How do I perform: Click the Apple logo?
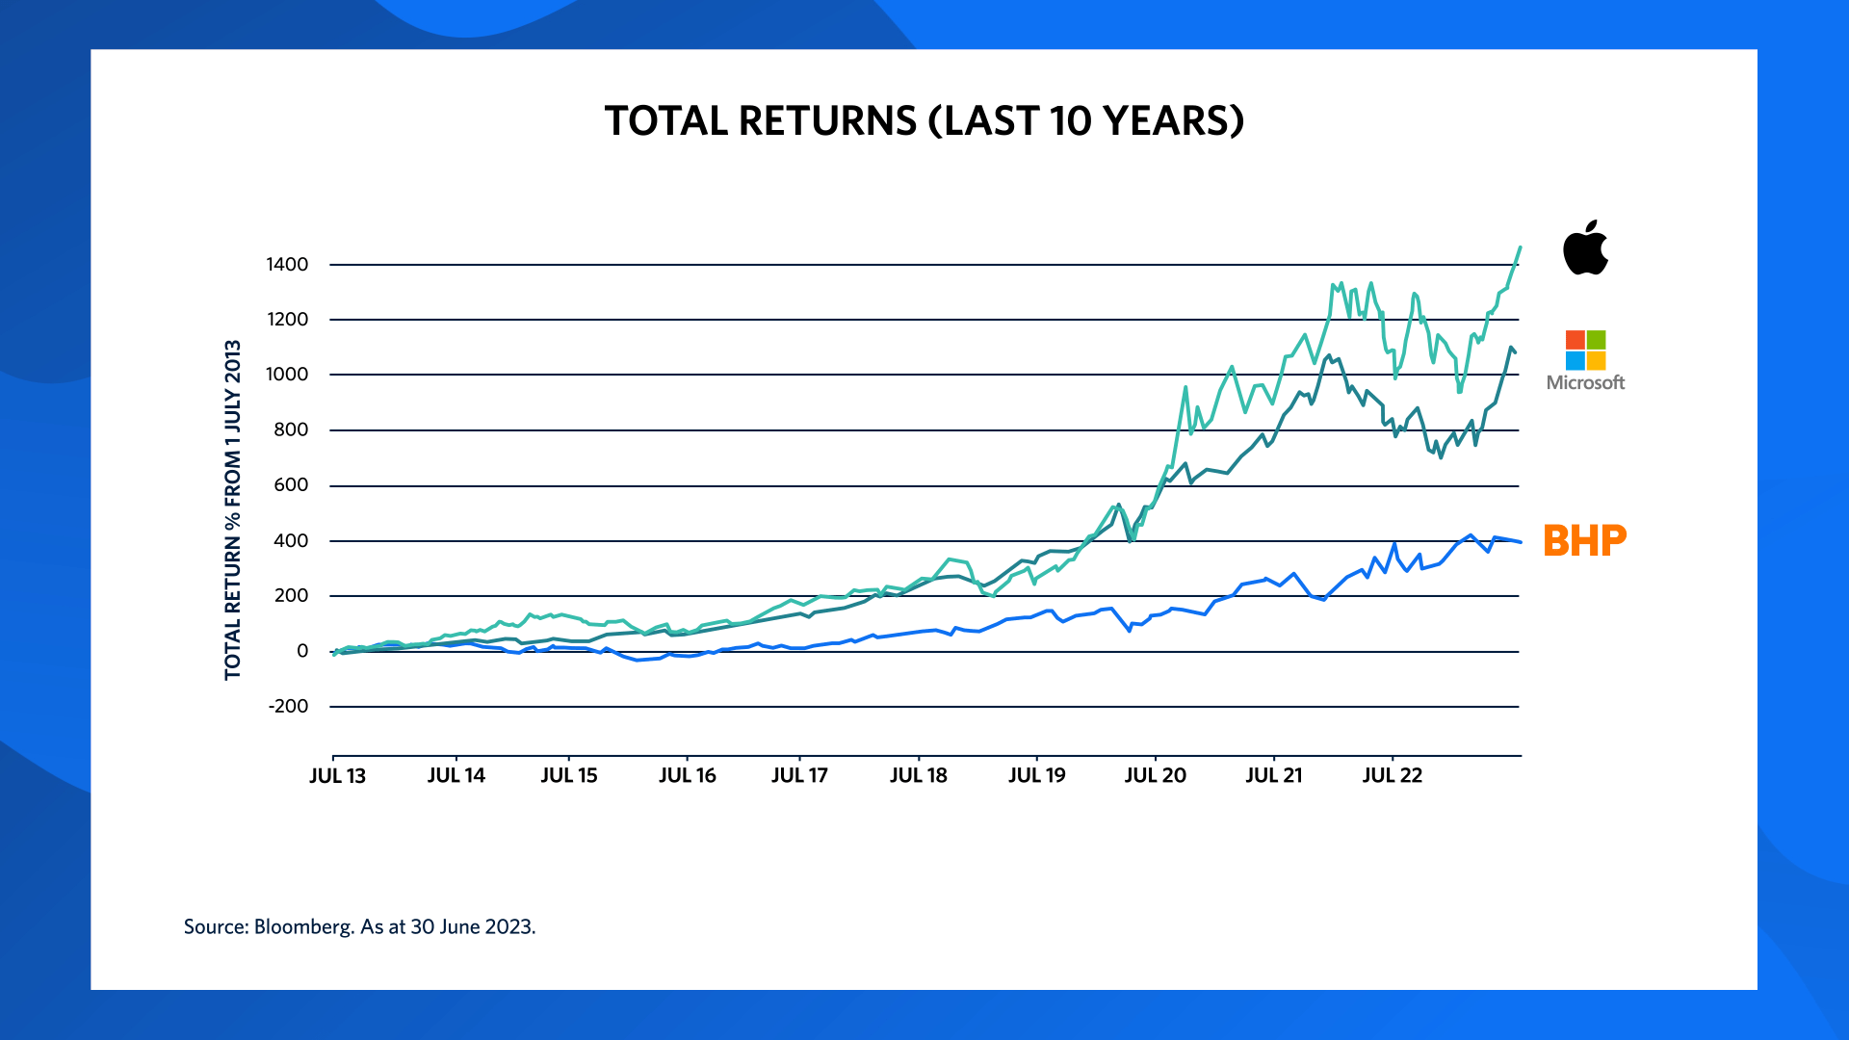(x=1585, y=248)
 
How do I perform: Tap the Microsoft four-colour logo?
(x=1585, y=351)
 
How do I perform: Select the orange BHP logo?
(x=1584, y=541)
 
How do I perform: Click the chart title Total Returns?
(x=924, y=121)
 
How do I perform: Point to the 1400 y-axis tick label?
(x=287, y=265)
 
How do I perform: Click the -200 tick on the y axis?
(x=288, y=707)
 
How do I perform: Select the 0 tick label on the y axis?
(x=302, y=652)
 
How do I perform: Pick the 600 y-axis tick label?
(x=291, y=485)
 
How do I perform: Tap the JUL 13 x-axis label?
(x=337, y=776)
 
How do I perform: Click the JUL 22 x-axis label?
(x=1392, y=776)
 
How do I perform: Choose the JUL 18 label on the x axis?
(x=918, y=776)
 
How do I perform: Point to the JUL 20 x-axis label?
(x=1155, y=776)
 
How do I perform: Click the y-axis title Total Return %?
(x=233, y=509)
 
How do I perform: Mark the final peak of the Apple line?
(x=1520, y=247)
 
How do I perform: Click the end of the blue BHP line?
(x=1520, y=542)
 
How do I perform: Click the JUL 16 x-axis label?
(x=687, y=776)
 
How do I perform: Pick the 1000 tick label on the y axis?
(x=287, y=375)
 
